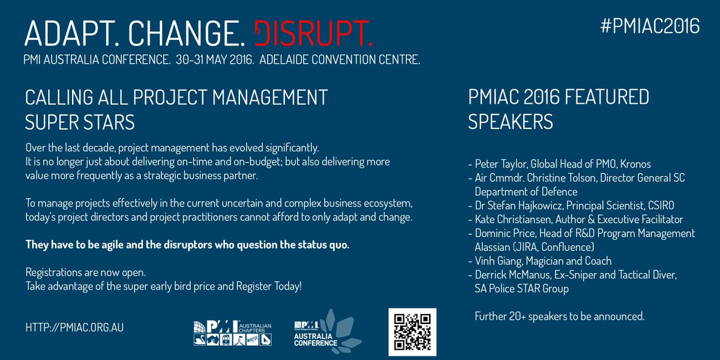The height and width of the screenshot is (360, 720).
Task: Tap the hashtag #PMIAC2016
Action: click(x=650, y=26)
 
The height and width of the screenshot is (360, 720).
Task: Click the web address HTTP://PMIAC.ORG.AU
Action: click(x=75, y=328)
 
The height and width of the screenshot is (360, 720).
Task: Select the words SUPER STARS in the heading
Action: click(x=80, y=122)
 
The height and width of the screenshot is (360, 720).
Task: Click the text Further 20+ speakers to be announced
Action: click(x=559, y=316)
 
